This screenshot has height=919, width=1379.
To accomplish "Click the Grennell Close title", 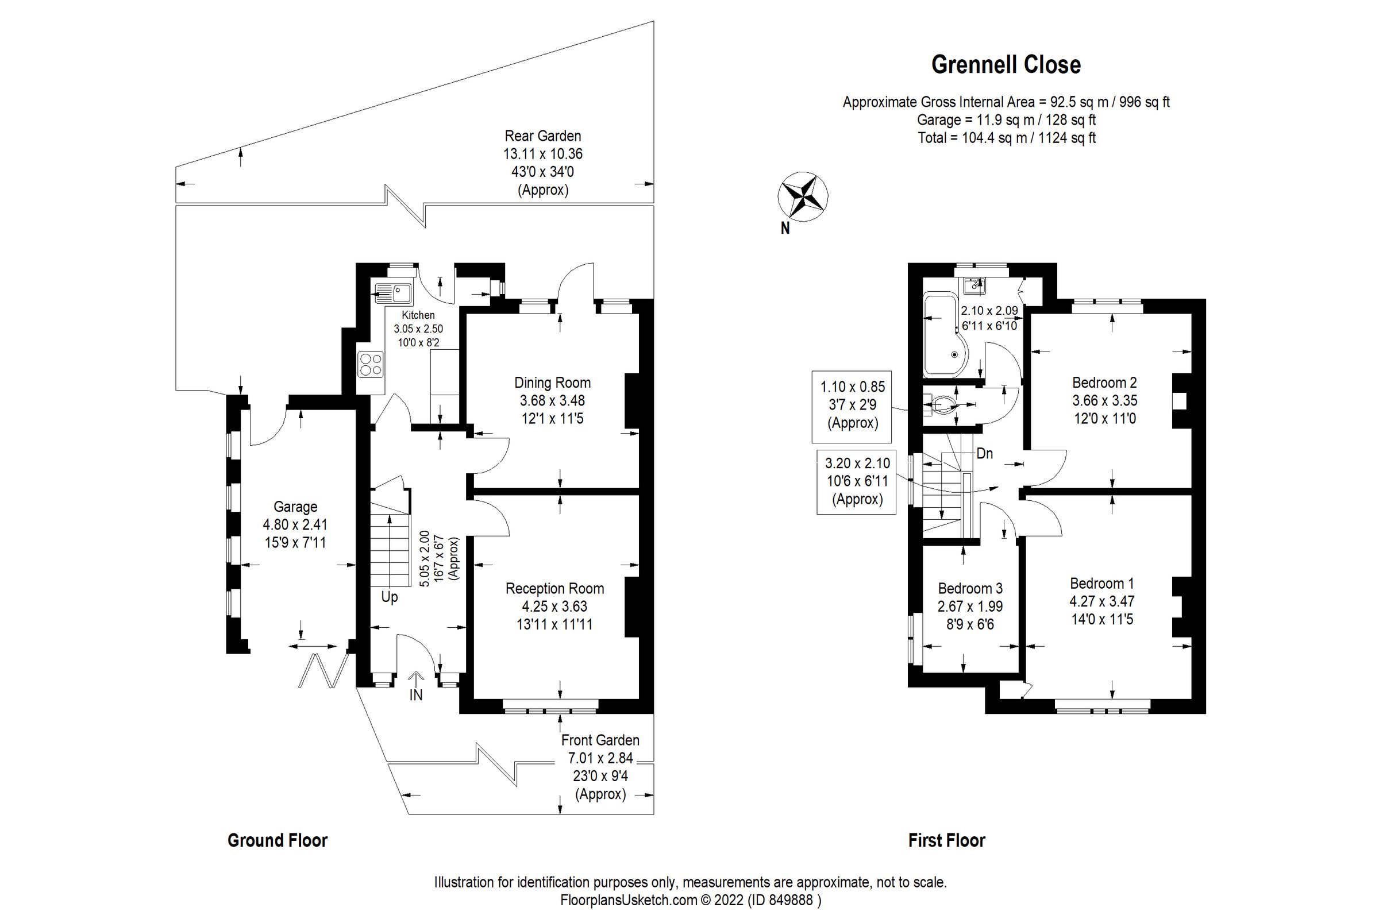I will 1006,64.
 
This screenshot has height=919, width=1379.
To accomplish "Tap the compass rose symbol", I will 802,197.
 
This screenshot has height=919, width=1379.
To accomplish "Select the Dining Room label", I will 552,383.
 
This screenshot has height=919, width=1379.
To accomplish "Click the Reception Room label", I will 554,588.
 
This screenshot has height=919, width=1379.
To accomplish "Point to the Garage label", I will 295,507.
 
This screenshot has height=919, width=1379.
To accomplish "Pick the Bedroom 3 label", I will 970,588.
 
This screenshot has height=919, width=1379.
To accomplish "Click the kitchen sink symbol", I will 394,291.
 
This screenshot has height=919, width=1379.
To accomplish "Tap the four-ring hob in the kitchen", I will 371,364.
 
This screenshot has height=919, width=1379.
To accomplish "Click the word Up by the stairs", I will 390,597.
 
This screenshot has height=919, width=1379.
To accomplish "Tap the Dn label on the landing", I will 984,453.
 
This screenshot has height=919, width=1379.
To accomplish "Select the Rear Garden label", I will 543,136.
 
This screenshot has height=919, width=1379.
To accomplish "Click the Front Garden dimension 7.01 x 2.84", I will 600,758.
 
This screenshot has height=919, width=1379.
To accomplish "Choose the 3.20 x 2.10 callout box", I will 857,481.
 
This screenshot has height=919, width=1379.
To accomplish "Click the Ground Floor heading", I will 278,840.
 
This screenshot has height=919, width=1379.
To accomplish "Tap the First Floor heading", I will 946,840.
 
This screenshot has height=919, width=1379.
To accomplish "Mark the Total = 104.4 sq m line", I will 1006,138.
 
